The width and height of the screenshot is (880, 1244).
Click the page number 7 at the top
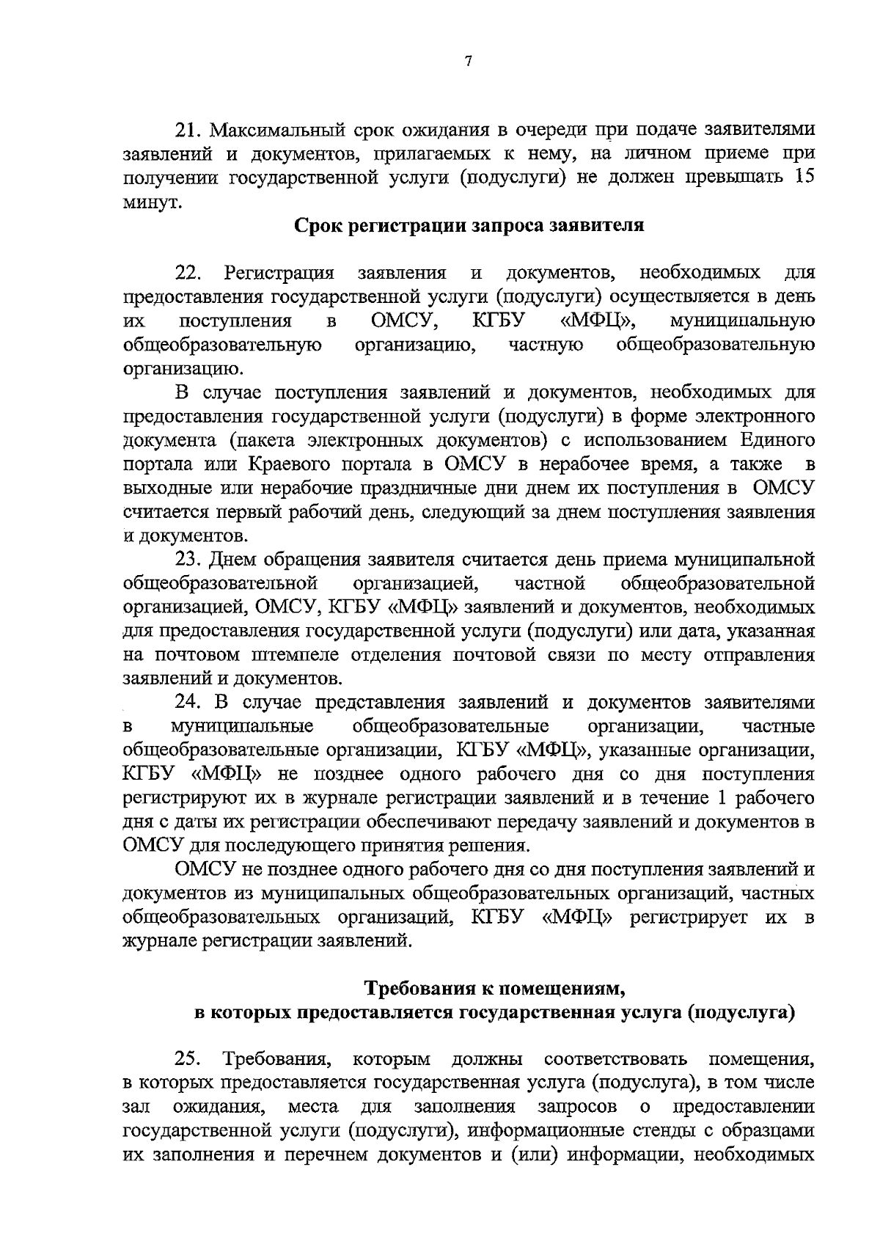tap(468, 62)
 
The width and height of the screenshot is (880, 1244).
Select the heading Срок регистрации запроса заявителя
tap(469, 225)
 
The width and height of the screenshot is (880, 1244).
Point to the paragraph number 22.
tap(188, 274)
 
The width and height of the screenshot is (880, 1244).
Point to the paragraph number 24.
tap(187, 702)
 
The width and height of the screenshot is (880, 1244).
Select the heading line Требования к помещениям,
tap(495, 989)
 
